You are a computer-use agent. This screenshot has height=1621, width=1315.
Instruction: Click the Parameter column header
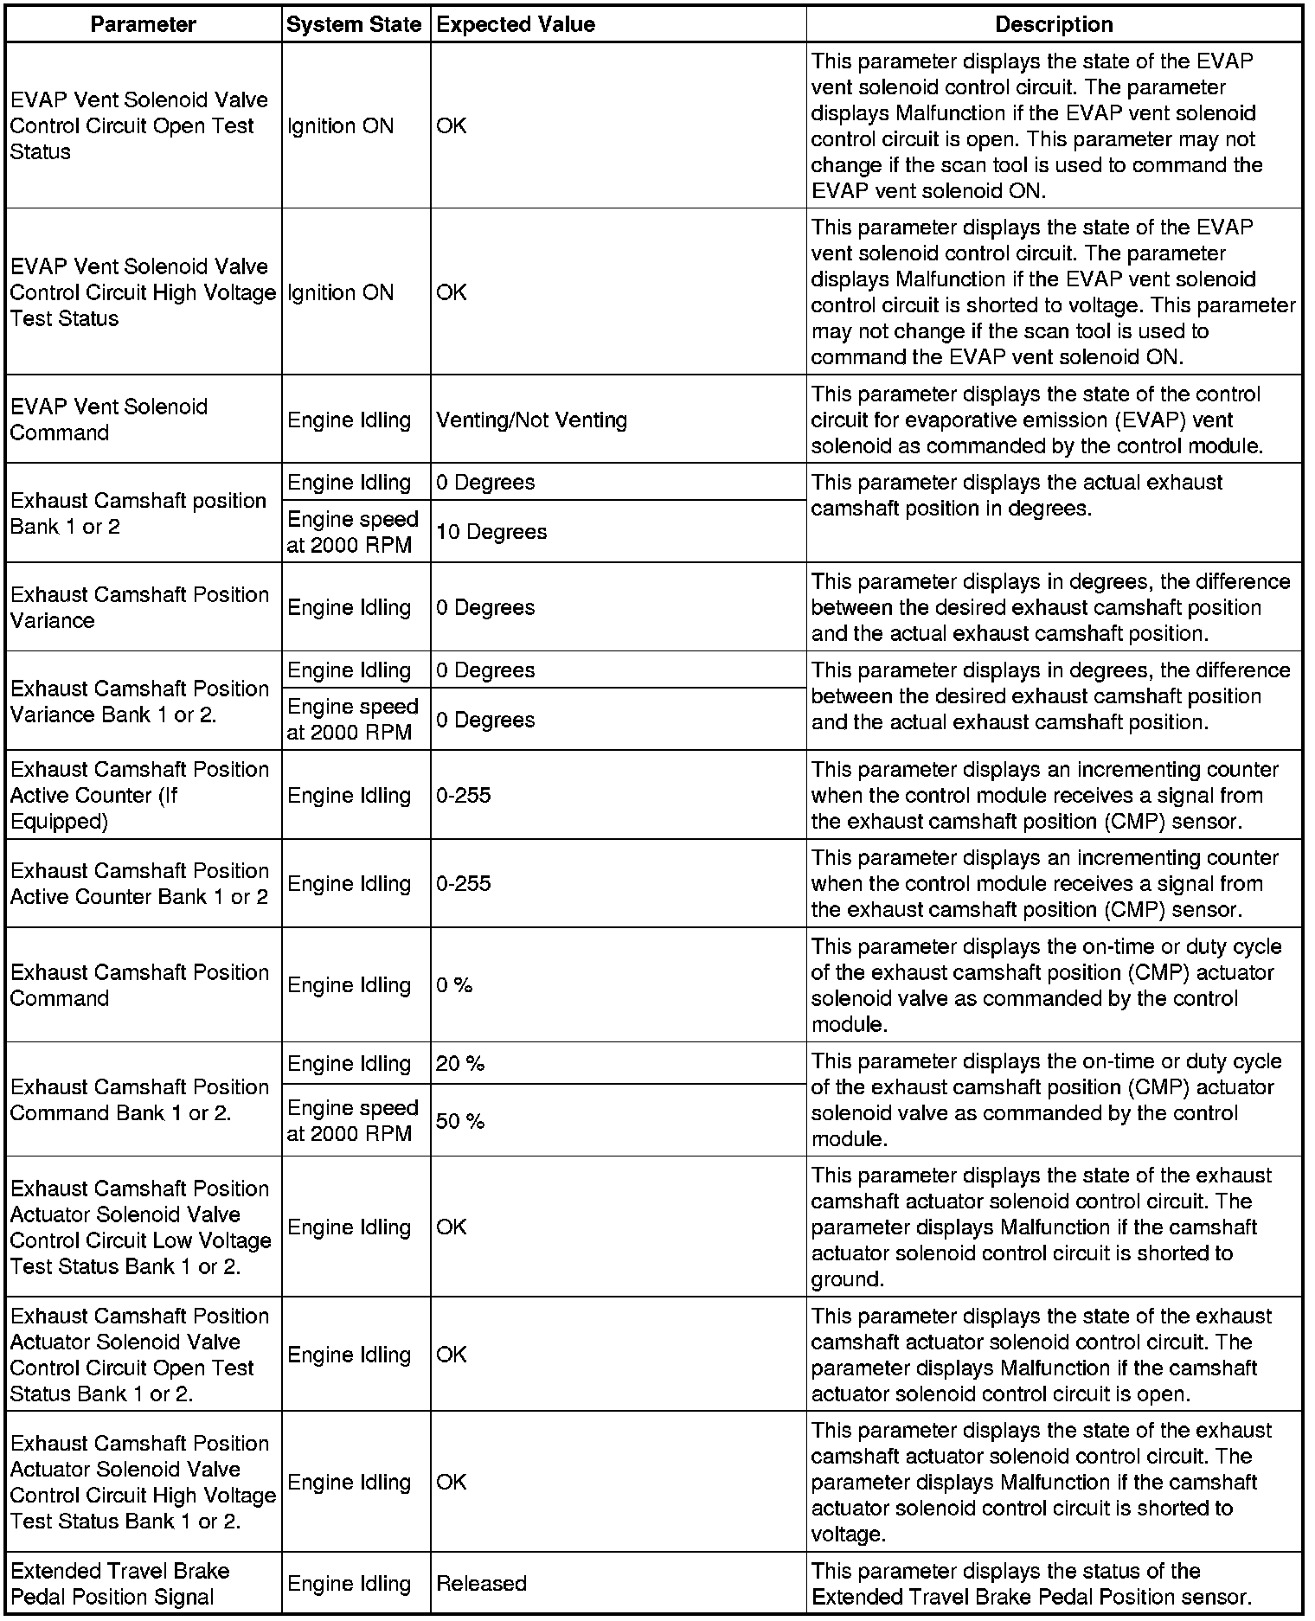tap(144, 24)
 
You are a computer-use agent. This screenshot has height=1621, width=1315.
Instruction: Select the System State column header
tap(354, 24)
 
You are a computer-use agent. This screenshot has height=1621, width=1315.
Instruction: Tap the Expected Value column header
tap(516, 24)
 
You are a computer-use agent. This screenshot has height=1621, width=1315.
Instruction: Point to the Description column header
tap(1054, 24)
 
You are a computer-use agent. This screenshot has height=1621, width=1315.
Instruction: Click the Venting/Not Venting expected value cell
tap(531, 420)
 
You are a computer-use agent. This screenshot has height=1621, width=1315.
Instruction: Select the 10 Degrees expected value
tap(491, 532)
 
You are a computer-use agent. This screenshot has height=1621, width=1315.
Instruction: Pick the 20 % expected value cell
tap(460, 1064)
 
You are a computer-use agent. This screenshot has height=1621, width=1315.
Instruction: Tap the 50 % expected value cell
tap(460, 1122)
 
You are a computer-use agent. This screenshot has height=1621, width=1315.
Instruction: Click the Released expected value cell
tap(481, 1584)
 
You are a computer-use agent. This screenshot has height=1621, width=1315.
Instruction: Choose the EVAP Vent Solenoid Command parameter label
tap(109, 420)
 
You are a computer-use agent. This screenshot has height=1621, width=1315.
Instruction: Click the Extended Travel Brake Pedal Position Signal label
tap(120, 1584)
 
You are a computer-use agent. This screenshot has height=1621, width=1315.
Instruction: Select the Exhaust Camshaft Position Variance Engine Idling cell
tap(349, 608)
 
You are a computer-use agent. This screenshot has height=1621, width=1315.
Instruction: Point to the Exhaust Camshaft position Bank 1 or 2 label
tap(138, 514)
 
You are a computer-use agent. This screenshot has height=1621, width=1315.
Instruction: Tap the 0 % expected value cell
tap(454, 985)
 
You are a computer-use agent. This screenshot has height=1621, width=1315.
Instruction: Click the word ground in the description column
tap(847, 1279)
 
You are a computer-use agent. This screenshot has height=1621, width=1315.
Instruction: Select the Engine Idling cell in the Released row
tap(349, 1584)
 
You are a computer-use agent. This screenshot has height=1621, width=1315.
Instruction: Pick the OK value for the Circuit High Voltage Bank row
tap(452, 1483)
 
